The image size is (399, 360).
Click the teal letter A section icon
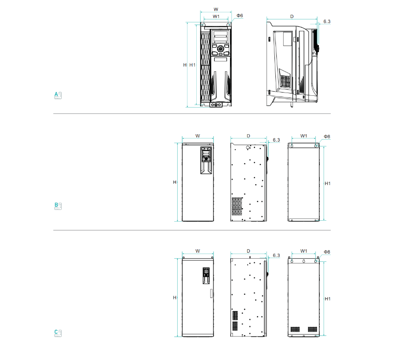[58, 95]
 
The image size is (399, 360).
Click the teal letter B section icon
[58, 206]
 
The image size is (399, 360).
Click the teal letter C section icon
[58, 333]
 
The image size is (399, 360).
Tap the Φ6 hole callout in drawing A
[240, 16]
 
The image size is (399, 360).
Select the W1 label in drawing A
[216, 17]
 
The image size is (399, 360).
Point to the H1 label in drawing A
[193, 65]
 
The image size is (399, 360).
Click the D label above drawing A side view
[292, 17]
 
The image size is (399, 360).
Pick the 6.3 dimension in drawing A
[327, 22]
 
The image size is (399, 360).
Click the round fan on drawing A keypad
[220, 49]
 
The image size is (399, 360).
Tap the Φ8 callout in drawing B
[327, 137]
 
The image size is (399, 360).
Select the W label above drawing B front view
[198, 136]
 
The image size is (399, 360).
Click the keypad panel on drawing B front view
[206, 160]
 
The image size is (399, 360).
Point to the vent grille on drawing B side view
[237, 206]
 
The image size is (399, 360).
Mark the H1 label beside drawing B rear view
[328, 183]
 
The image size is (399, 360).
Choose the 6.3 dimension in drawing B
[276, 140]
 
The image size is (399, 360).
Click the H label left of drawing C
[175, 298]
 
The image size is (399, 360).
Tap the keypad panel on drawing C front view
[206, 275]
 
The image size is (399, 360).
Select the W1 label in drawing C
[304, 251]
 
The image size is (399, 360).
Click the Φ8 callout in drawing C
[327, 252]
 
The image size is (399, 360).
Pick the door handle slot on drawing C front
[211, 293]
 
